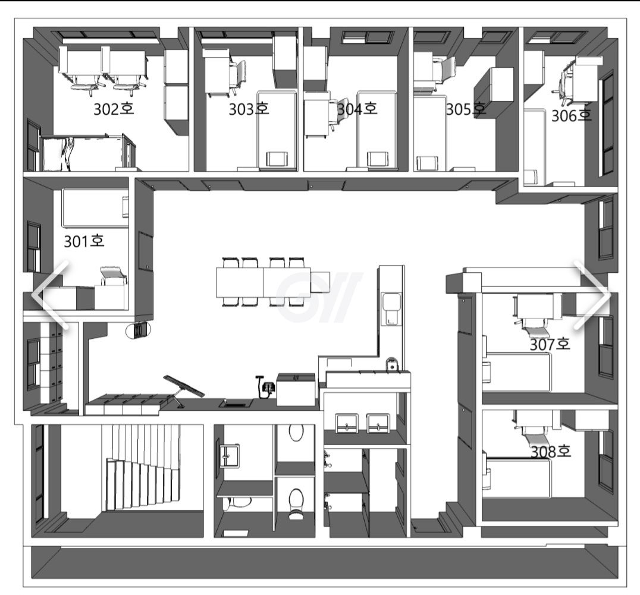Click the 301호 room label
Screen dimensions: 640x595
tap(84, 241)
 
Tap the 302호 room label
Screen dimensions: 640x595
tap(114, 109)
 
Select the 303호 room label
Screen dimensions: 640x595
tap(249, 109)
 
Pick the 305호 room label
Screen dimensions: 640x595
tap(466, 109)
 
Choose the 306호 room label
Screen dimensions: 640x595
tap(572, 116)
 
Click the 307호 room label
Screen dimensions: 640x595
tap(550, 345)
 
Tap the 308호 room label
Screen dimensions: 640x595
tap(551, 451)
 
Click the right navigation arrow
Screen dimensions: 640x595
tap(592, 294)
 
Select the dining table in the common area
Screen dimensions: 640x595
tap(263, 282)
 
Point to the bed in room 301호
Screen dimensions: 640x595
tap(96, 207)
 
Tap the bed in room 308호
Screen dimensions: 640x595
tap(517, 477)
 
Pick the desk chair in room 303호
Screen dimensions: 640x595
tap(238, 77)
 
